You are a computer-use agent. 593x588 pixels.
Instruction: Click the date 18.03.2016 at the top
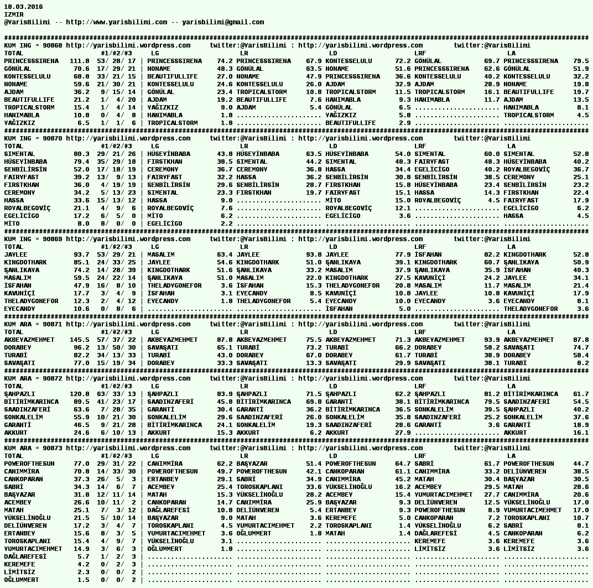(x=23, y=7)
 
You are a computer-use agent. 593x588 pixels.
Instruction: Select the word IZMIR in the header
(x=14, y=14)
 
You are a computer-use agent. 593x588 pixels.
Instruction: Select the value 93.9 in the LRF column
(x=490, y=340)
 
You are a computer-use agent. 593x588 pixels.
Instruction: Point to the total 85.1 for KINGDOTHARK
(x=81, y=262)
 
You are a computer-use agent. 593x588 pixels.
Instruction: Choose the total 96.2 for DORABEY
(x=81, y=347)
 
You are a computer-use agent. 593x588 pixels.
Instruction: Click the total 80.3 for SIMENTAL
(x=81, y=154)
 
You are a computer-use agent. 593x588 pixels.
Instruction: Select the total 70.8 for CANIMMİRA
(x=81, y=471)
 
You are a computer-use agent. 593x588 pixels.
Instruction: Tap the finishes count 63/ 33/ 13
(x=116, y=394)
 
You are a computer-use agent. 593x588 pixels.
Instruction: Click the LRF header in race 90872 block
(x=420, y=386)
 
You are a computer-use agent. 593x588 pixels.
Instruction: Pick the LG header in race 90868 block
(x=155, y=53)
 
